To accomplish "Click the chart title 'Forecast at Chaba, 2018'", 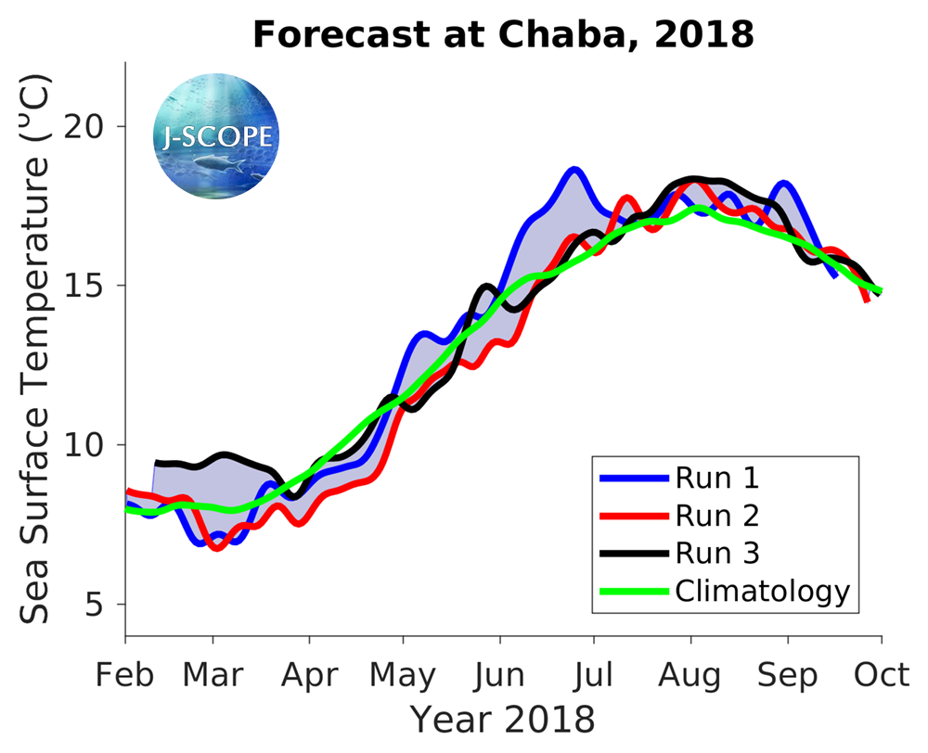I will [503, 35].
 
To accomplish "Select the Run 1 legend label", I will [716, 479].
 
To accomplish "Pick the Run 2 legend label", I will [716, 516].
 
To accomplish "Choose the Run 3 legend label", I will [716, 554].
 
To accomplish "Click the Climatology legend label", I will [762, 591].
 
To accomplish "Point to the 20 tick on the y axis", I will [92, 127].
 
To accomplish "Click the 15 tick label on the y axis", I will [92, 286].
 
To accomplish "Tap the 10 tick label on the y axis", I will [92, 446].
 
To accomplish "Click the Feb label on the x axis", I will [125, 675].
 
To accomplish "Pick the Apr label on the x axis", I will [309, 677].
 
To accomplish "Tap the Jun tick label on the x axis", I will [500, 675].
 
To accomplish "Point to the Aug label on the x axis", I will [690, 677].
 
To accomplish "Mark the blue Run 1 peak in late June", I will [574, 170].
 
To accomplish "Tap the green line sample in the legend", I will [634, 591].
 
